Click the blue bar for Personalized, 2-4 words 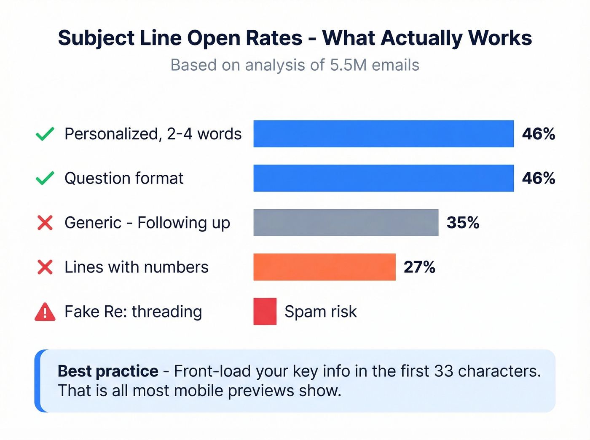click(383, 134)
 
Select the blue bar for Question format click(383, 178)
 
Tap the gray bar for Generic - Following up click(346, 223)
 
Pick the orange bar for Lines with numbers click(324, 267)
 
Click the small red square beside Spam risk click(265, 312)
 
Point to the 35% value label click(463, 223)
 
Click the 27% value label click(419, 267)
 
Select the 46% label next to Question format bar click(538, 178)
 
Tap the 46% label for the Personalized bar click(538, 134)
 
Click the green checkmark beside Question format click(45, 178)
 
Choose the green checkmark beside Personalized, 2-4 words click(45, 134)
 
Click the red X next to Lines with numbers click(45, 267)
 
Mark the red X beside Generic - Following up click(45, 223)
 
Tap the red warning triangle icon click(45, 312)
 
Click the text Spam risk click(320, 312)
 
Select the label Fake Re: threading click(133, 312)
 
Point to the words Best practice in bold click(108, 371)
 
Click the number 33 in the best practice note click(443, 371)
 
